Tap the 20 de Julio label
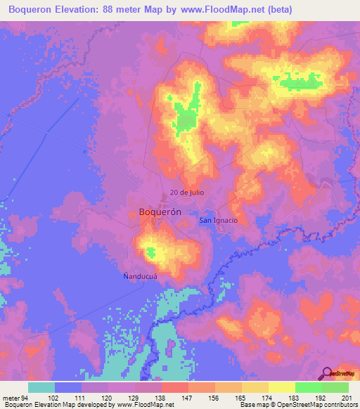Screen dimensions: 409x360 pyautogui.click(x=186, y=193)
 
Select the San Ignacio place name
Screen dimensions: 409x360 pyautogui.click(x=219, y=220)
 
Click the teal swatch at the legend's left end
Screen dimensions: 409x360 pyautogui.click(x=41, y=387)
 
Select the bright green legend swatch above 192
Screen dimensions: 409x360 pyautogui.click(x=308, y=387)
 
